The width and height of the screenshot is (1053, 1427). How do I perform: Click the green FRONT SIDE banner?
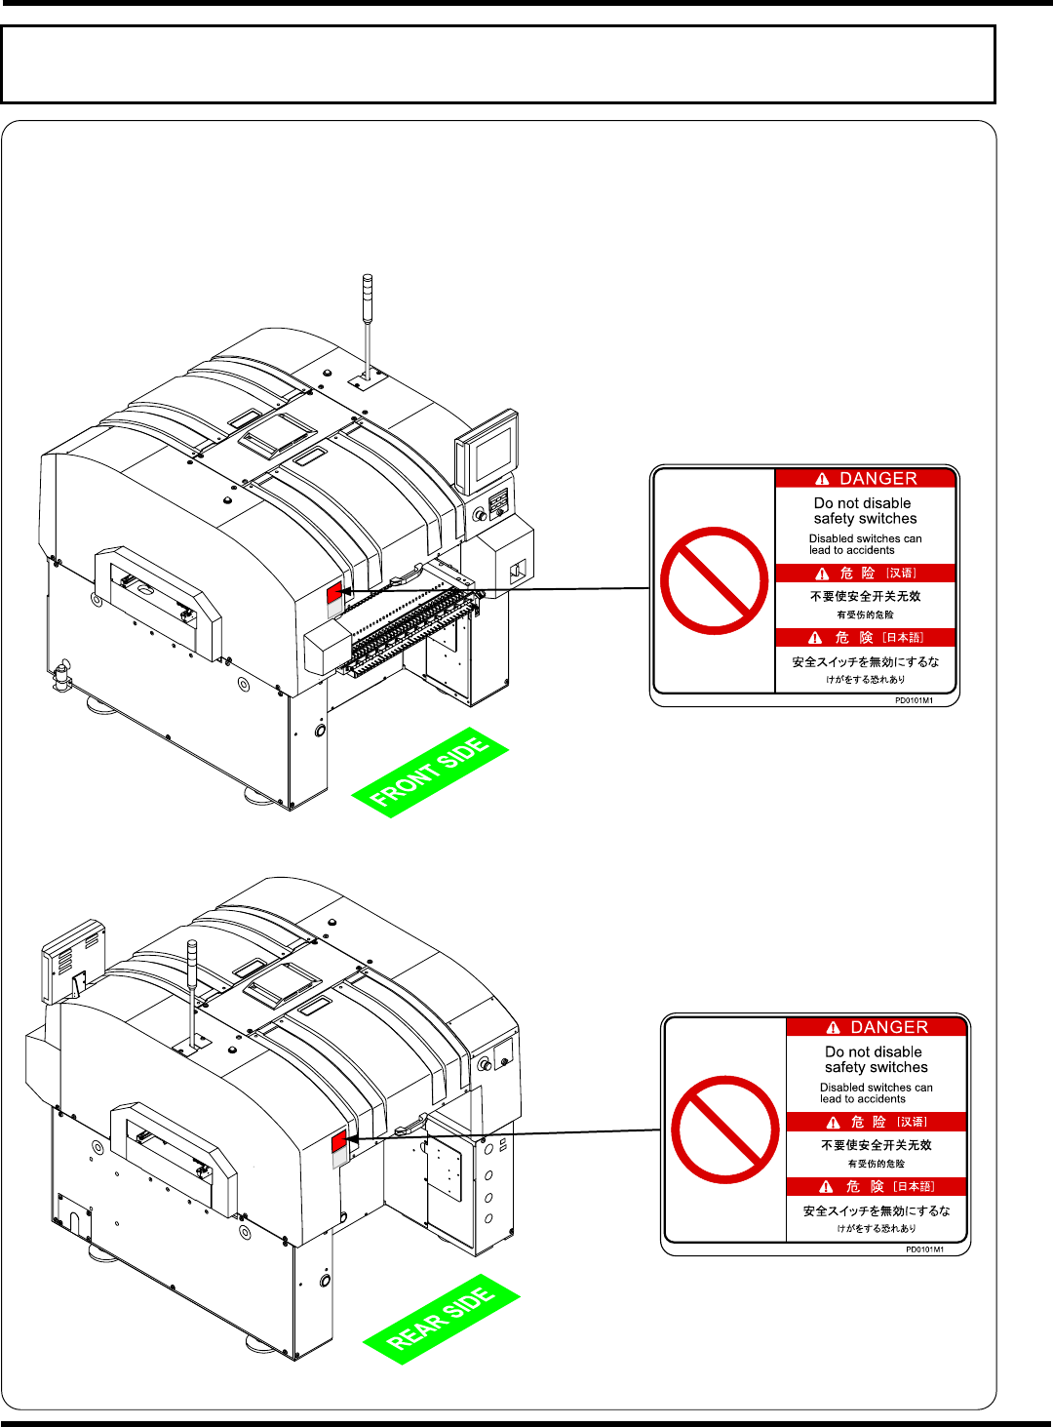click(430, 773)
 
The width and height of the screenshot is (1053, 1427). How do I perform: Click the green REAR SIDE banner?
click(441, 1320)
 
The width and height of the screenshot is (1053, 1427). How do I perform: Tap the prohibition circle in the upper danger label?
click(714, 580)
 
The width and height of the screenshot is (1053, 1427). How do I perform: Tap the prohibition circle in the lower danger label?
click(724, 1130)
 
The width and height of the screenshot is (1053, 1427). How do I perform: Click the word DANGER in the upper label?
click(877, 479)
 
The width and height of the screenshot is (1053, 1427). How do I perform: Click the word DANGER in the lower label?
click(889, 1027)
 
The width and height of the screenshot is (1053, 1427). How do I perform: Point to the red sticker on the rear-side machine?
click(338, 1141)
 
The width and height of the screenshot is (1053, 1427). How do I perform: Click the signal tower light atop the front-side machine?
click(367, 293)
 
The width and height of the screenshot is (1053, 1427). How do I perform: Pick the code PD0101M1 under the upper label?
click(914, 700)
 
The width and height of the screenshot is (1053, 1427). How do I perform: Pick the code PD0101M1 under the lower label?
click(924, 1249)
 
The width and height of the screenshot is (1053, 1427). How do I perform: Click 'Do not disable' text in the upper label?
click(863, 503)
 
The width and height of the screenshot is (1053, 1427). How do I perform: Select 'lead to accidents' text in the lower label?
click(862, 1099)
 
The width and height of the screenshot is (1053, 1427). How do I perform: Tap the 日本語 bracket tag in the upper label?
click(903, 638)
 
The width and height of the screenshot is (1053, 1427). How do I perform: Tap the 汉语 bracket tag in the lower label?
click(913, 1123)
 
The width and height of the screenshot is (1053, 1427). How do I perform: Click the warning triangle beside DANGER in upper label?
click(822, 479)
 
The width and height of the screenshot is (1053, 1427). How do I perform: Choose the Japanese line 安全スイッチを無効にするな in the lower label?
click(876, 1211)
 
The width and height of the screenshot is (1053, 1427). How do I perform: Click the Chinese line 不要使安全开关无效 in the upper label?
click(865, 596)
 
